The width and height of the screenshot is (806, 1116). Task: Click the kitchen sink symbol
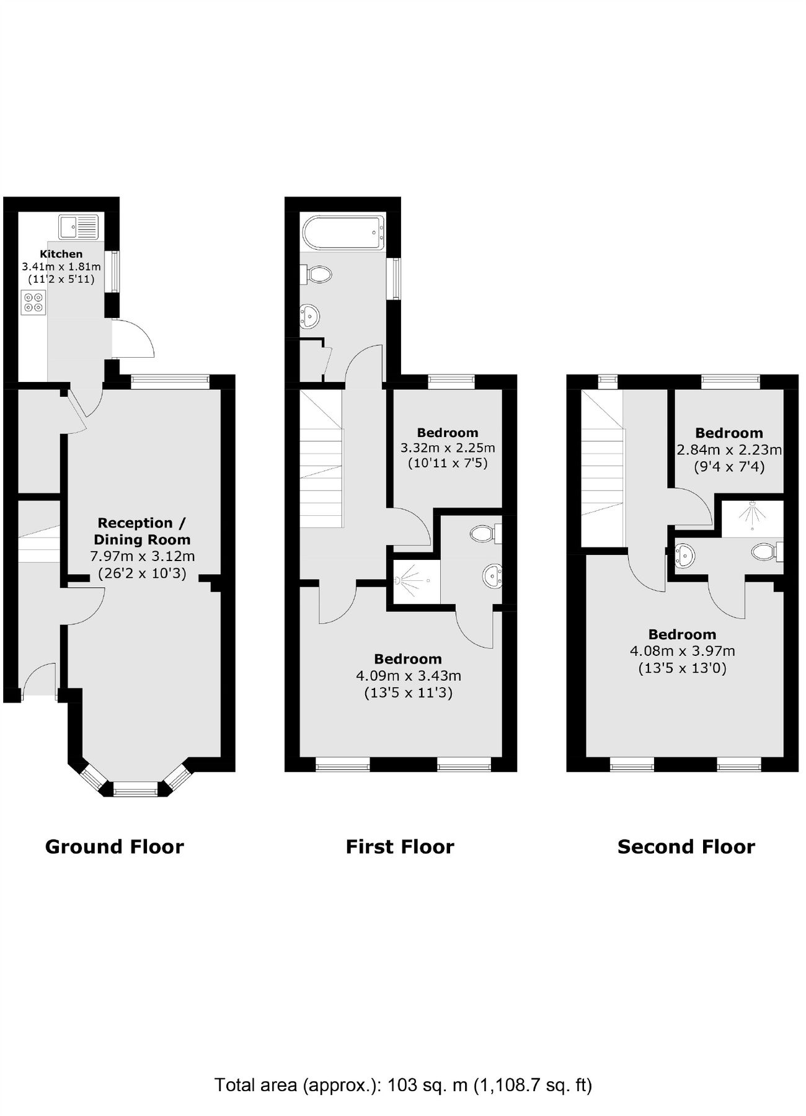pyautogui.click(x=79, y=227)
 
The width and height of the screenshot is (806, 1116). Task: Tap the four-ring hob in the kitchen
pyautogui.click(x=33, y=302)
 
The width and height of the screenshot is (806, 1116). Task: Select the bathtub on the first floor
pyautogui.click(x=343, y=233)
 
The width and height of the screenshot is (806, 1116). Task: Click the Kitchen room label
pyautogui.click(x=61, y=254)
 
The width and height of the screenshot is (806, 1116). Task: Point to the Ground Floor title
pyautogui.click(x=115, y=847)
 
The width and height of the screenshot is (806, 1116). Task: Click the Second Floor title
pyautogui.click(x=686, y=847)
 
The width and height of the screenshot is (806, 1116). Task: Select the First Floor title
pyautogui.click(x=400, y=847)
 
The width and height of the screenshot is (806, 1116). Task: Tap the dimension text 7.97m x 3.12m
pyautogui.click(x=143, y=556)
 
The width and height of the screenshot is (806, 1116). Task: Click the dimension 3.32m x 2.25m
pyautogui.click(x=447, y=448)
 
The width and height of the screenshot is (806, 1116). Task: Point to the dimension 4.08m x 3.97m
pyautogui.click(x=682, y=651)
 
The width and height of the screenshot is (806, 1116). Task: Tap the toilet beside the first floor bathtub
pyautogui.click(x=317, y=274)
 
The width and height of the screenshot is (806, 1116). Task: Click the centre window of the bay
pyautogui.click(x=136, y=789)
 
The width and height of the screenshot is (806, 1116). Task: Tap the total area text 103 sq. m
pyautogui.click(x=428, y=1085)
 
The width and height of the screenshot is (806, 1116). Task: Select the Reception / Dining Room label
pyautogui.click(x=141, y=531)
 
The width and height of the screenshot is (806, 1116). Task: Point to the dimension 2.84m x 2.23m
pyautogui.click(x=728, y=449)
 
